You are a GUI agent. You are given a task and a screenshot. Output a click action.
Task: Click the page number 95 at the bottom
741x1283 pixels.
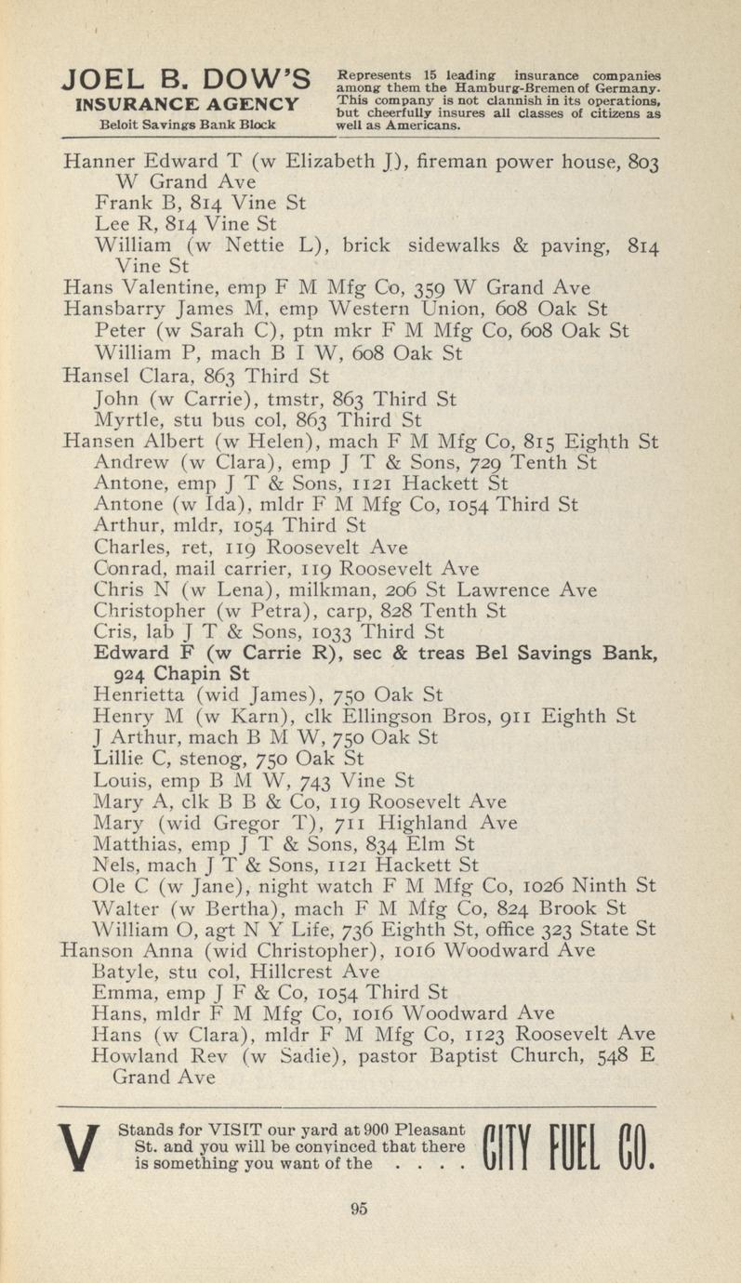pos(360,1208)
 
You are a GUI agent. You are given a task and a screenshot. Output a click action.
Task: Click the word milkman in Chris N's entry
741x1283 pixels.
pos(354,589)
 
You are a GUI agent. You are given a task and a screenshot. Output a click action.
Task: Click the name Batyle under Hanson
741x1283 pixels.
pos(127,971)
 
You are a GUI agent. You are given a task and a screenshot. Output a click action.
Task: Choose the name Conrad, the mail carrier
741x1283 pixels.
pos(129,568)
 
